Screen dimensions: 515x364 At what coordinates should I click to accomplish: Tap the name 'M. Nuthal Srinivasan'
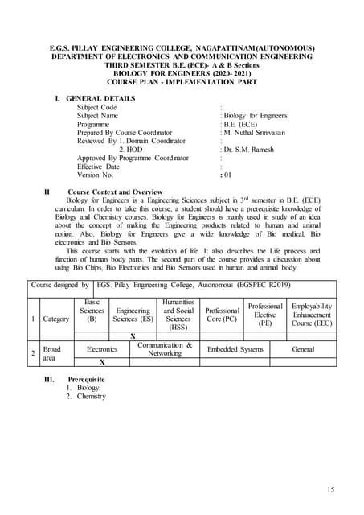coord(254,132)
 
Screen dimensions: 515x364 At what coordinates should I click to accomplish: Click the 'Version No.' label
coord(96,175)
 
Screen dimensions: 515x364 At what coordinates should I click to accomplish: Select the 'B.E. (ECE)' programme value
coord(241,124)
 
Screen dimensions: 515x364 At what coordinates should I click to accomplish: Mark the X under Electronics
coord(102,362)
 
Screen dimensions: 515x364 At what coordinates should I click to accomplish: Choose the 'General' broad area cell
coord(304,349)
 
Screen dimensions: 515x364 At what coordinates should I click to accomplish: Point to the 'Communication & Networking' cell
coord(164,349)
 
